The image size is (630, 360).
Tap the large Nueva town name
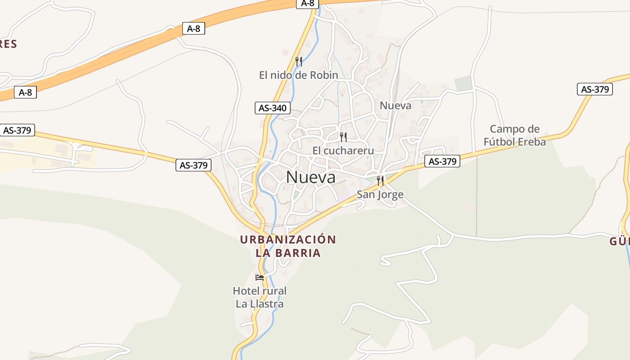(310, 177)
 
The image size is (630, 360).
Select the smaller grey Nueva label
(396, 106)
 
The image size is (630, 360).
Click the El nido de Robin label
(298, 75)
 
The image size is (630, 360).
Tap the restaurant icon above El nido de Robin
(298, 61)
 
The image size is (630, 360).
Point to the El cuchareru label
(343, 150)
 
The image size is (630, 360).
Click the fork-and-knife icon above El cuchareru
(343, 137)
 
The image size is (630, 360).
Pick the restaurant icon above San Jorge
(380, 181)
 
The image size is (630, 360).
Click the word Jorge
(391, 195)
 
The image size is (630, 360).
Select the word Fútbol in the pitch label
(501, 142)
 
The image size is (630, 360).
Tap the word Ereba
(533, 142)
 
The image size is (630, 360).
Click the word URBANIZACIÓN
(288, 239)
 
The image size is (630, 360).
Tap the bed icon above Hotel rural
(260, 277)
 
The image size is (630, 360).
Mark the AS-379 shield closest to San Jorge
(443, 162)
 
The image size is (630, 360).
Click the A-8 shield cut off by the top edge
(308, 3)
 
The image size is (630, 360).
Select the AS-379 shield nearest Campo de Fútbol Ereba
(595, 89)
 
